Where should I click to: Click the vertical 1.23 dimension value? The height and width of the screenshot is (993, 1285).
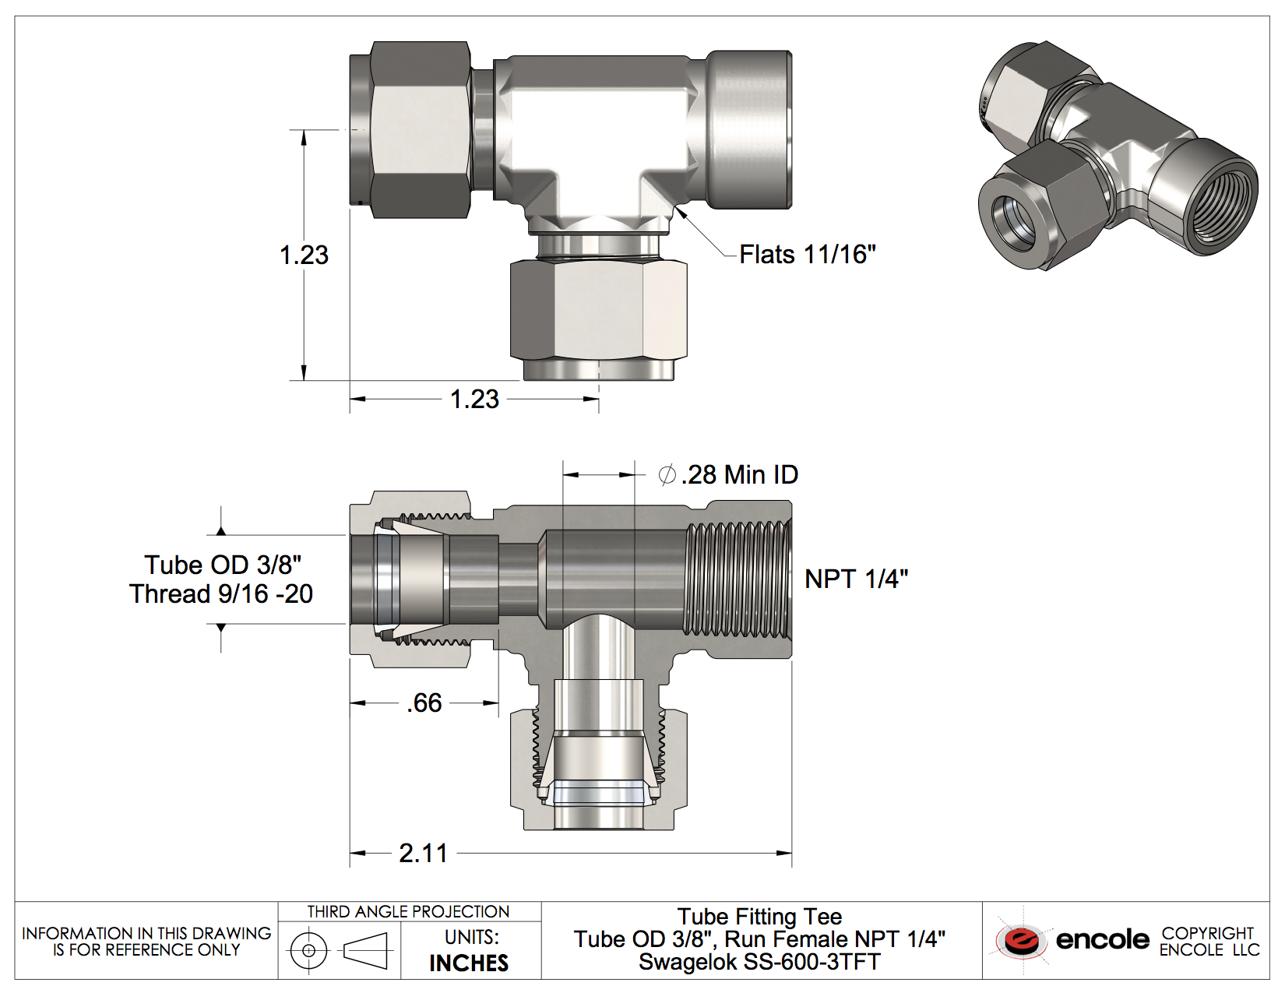tap(304, 255)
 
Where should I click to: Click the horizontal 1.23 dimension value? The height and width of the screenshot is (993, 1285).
tap(474, 400)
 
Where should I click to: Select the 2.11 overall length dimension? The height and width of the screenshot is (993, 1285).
tap(424, 854)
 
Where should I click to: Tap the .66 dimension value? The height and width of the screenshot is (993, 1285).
tap(424, 703)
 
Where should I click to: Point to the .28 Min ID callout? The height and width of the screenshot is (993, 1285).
tap(728, 475)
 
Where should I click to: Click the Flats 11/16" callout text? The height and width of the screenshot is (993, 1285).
tap(808, 255)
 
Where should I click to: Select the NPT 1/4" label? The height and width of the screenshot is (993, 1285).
tap(856, 579)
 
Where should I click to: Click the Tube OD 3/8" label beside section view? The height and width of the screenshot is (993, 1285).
tap(223, 565)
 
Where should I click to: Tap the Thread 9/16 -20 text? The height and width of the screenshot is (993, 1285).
tap(221, 593)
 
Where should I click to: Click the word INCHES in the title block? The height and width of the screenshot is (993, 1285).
tap(469, 963)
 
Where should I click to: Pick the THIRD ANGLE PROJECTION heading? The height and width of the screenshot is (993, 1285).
tap(408, 912)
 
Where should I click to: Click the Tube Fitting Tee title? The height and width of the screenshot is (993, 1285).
tap(760, 917)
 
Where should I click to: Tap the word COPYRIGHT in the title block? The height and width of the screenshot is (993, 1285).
tap(1208, 933)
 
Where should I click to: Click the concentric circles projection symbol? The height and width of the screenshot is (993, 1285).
tap(308, 950)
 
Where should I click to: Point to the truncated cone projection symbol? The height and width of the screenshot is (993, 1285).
tap(365, 951)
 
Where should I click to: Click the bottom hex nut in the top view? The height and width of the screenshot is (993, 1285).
tap(598, 311)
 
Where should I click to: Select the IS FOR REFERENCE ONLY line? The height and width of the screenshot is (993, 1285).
tap(146, 950)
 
